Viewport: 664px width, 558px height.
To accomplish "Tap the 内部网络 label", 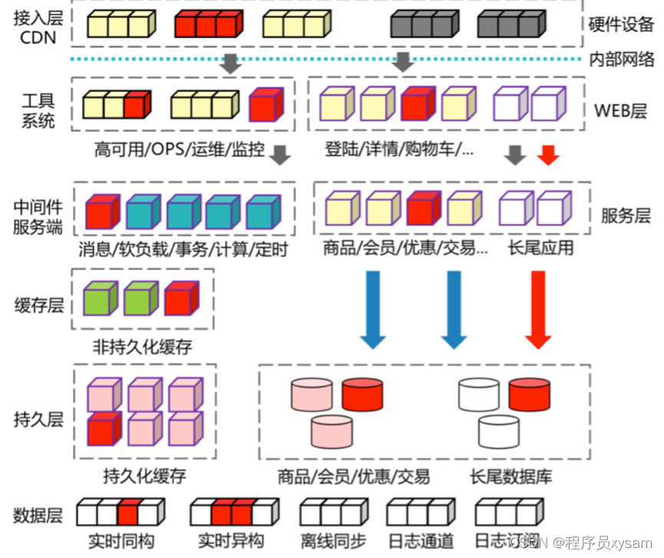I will pos(621,59).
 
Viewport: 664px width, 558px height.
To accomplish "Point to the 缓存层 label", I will pos(38,305).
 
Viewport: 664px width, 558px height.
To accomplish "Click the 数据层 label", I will pos(38,515).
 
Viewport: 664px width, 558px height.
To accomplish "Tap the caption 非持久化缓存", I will pos(144,347).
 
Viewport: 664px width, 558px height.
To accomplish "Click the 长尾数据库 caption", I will pos(510,476).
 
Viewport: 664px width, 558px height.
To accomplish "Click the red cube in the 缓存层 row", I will pos(181,299).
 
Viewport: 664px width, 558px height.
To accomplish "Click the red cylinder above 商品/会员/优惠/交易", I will pos(362,394).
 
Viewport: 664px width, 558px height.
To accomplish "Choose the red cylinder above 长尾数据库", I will pos(530,394).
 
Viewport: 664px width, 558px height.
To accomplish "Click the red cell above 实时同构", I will pos(129,511).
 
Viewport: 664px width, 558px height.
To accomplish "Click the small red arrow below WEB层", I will pos(547,155).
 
